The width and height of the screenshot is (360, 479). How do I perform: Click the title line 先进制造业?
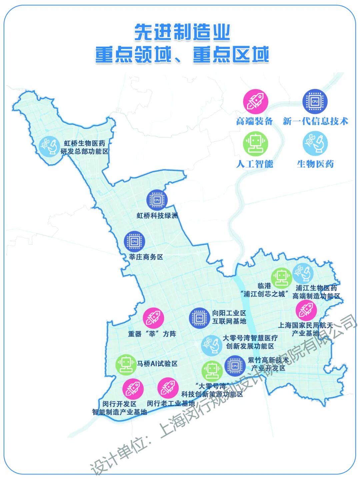(182, 33)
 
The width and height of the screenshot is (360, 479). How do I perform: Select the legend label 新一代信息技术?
(315, 121)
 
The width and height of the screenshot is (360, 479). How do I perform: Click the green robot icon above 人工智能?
(256, 144)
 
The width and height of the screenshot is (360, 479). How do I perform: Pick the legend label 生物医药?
(315, 164)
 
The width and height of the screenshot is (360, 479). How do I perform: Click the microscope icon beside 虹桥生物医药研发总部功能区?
(49, 147)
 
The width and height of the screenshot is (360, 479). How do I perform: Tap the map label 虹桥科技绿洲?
(157, 216)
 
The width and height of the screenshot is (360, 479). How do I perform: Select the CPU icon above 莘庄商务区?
(134, 241)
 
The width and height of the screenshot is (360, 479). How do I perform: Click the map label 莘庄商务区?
(146, 257)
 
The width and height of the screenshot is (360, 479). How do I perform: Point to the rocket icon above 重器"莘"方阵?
(153, 318)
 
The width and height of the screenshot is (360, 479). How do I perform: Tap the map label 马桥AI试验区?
(157, 364)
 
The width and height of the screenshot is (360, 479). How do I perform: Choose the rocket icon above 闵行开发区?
(133, 389)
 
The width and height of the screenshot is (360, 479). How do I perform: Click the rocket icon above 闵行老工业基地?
(167, 388)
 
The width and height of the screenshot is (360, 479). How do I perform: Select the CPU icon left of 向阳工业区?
(199, 318)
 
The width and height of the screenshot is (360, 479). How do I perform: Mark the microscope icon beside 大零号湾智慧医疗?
(212, 345)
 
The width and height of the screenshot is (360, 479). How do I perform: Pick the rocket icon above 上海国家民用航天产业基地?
(306, 310)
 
